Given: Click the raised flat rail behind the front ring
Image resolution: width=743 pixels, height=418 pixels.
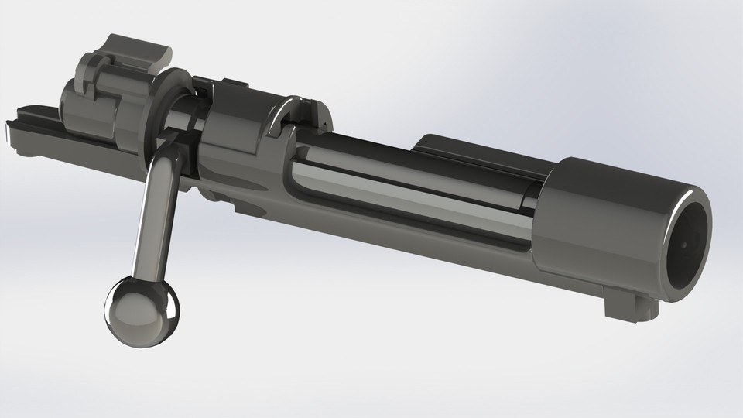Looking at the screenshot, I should (480, 151).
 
